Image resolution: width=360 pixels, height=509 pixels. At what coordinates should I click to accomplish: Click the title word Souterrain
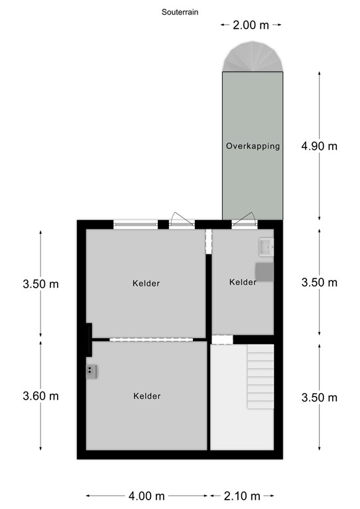(180, 12)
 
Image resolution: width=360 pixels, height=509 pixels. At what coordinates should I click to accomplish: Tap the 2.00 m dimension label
(251, 25)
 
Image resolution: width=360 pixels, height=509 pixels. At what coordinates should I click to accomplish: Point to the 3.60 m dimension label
(40, 396)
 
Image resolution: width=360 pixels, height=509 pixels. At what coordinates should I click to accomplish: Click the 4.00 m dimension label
(147, 496)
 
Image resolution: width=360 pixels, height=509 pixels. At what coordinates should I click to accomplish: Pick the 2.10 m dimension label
(242, 496)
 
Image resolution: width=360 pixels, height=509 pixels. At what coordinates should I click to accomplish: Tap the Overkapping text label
(253, 146)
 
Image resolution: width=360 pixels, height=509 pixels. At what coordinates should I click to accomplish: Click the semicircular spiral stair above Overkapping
(253, 56)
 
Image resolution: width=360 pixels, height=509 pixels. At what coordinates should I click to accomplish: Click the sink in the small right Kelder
(267, 247)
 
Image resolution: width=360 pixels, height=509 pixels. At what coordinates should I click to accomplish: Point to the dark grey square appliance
(264, 271)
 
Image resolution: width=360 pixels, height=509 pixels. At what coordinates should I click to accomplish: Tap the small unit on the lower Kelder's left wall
(91, 372)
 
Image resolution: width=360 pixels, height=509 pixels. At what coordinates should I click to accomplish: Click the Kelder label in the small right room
(243, 282)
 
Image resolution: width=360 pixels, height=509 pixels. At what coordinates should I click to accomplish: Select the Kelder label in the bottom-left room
(147, 396)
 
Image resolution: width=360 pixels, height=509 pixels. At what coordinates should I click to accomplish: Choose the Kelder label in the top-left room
(146, 284)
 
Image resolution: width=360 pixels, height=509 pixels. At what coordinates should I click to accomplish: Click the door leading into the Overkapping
(244, 222)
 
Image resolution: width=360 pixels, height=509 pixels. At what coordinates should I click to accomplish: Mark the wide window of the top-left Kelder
(135, 225)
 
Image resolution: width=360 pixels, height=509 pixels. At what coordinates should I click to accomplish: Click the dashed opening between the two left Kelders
(150, 340)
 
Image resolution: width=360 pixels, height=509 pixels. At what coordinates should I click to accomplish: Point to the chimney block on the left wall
(88, 339)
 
